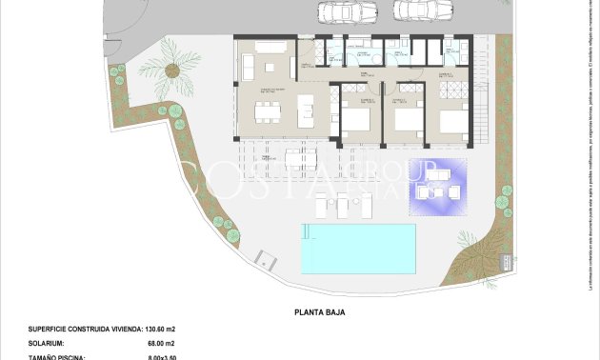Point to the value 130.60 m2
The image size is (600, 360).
pyautogui.click(x=156, y=329)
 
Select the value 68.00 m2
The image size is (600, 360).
pyautogui.click(x=156, y=342)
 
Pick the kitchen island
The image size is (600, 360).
pyautogui.click(x=308, y=111)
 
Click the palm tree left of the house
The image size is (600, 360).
pyautogui.click(x=175, y=67)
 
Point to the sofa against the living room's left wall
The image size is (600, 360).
pyautogui.click(x=248, y=66)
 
